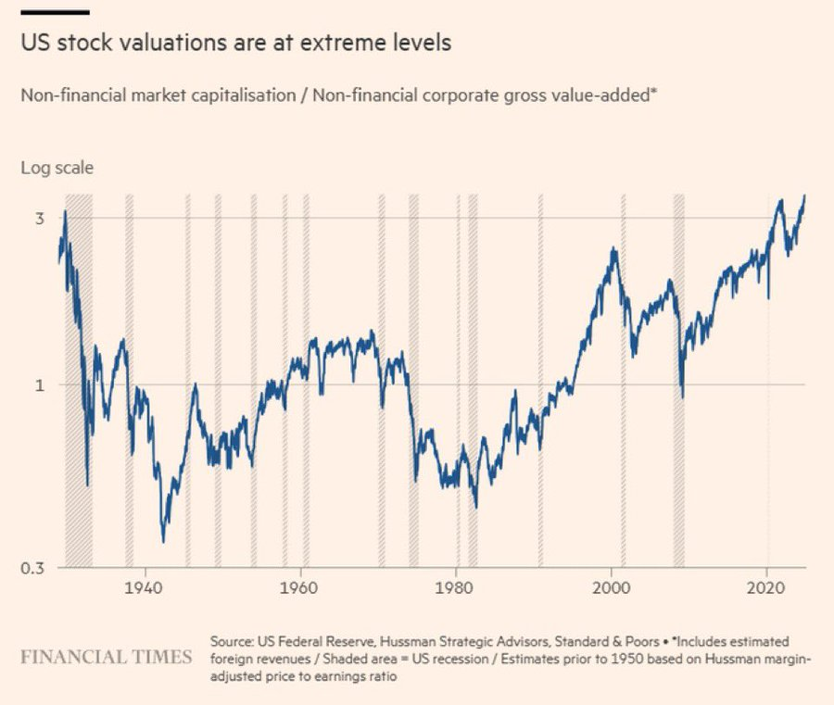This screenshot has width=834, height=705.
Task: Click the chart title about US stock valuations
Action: click(x=236, y=44)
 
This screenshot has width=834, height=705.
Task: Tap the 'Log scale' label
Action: click(x=57, y=169)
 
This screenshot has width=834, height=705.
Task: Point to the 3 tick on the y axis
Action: click(x=40, y=219)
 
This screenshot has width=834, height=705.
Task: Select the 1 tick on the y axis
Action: click(x=40, y=385)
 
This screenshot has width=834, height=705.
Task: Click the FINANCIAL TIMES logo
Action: click(x=107, y=658)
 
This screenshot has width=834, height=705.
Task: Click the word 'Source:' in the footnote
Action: click(x=232, y=641)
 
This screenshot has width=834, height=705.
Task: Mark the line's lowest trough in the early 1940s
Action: click(x=163, y=541)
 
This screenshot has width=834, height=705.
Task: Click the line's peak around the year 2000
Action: click(x=613, y=250)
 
